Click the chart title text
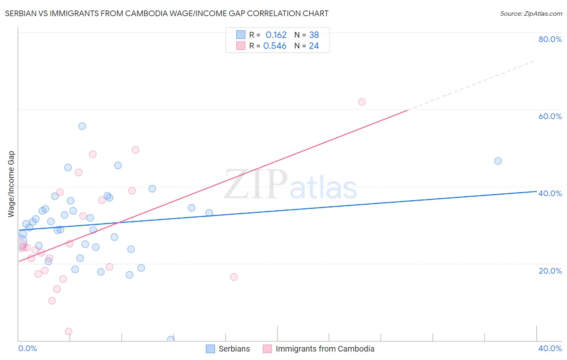167,13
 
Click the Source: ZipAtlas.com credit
531,13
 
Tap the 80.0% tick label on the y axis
550,39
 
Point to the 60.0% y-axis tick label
550,116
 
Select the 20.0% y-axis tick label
550,271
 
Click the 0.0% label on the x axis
27,348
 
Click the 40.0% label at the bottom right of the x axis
550,348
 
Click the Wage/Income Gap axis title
11,184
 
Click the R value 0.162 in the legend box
276,35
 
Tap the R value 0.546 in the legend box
275,46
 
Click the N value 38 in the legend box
314,35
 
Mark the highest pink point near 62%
362,102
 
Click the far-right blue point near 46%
498,161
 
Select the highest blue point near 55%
82,126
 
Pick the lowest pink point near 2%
69,331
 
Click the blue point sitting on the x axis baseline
171,339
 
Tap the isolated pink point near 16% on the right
234,277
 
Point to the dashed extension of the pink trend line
472,85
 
